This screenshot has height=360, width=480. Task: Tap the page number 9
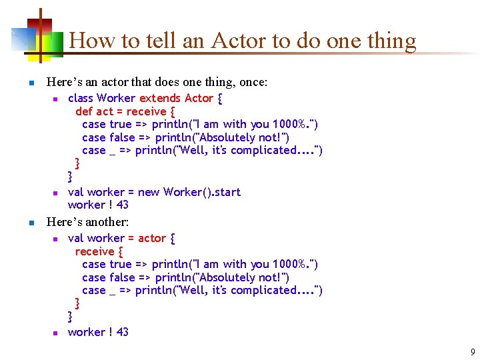pyautogui.click(x=473, y=352)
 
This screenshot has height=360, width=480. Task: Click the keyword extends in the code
pyautogui.click(x=160, y=98)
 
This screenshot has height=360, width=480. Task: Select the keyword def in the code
pyautogui.click(x=84, y=111)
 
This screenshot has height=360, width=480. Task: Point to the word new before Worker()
pyautogui.click(x=149, y=192)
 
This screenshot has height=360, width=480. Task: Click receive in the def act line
pyautogui.click(x=146, y=111)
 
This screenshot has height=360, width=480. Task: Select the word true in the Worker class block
pyautogui.click(x=121, y=124)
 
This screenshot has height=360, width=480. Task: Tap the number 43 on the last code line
pyautogui.click(x=122, y=332)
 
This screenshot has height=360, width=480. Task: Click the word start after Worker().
pyautogui.click(x=225, y=192)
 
